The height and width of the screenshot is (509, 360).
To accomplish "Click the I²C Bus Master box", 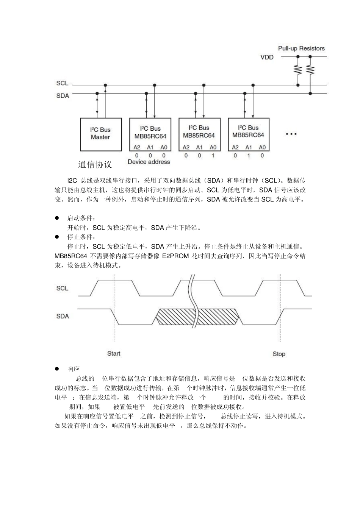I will coord(100,134).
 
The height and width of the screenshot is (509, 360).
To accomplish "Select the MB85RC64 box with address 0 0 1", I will coord(199,134).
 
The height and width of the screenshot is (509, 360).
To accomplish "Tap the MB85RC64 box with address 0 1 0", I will coord(249,134).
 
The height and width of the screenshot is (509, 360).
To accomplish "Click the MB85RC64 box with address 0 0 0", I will coord(150,134).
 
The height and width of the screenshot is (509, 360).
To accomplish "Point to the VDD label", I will coord(267,57).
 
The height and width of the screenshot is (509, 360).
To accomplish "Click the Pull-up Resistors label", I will coord(301,48).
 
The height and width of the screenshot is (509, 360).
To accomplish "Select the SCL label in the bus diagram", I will coord(62,83).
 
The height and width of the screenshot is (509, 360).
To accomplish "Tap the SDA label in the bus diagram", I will coord(63,96).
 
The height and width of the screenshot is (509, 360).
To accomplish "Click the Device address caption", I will coord(149,162).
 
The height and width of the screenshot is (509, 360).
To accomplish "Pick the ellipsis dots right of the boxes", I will coord(291,134).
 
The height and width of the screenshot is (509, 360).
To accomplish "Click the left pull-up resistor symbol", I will coord(298,70).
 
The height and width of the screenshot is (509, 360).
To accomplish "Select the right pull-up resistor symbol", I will coord(310,70).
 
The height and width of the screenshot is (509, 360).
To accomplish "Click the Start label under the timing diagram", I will coord(114,353).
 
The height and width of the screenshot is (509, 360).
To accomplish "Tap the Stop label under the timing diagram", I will coord(279,354).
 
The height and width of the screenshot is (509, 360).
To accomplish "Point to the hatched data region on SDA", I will coord(178,317).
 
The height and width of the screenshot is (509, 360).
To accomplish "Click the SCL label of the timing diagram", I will coord(62,288).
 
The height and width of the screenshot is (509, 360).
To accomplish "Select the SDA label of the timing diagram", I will coord(63,316).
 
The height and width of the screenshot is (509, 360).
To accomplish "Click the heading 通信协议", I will coord(95,165).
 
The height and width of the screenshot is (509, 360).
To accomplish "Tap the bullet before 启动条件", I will coord(57,218).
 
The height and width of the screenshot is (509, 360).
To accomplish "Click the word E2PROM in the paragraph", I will coord(175,256).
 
